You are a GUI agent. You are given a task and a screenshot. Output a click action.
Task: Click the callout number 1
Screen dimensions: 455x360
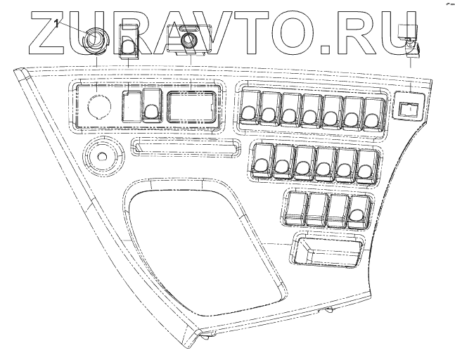pyautogui.click(x=55, y=23)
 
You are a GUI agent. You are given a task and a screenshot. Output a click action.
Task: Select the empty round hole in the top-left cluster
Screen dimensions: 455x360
pyautogui.click(x=98, y=106)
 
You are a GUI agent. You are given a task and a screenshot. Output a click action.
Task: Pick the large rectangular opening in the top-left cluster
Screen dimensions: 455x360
pyautogui.click(x=191, y=106)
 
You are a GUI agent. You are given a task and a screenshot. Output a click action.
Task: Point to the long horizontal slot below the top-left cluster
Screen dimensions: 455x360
pyautogui.click(x=183, y=148)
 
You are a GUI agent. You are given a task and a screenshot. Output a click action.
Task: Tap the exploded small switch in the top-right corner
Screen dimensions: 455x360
pyautogui.click(x=409, y=41)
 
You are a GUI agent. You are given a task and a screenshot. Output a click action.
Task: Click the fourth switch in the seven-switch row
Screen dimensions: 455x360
pyautogui.click(x=310, y=108)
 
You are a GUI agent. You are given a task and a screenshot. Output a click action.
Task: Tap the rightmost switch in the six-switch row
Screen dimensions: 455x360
pyautogui.click(x=364, y=161)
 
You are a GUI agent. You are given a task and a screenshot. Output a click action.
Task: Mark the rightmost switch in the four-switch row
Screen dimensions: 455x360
pyautogui.click(x=360, y=210)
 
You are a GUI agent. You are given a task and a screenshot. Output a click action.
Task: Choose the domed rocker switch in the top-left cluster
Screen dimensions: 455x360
pyautogui.click(x=150, y=106)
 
